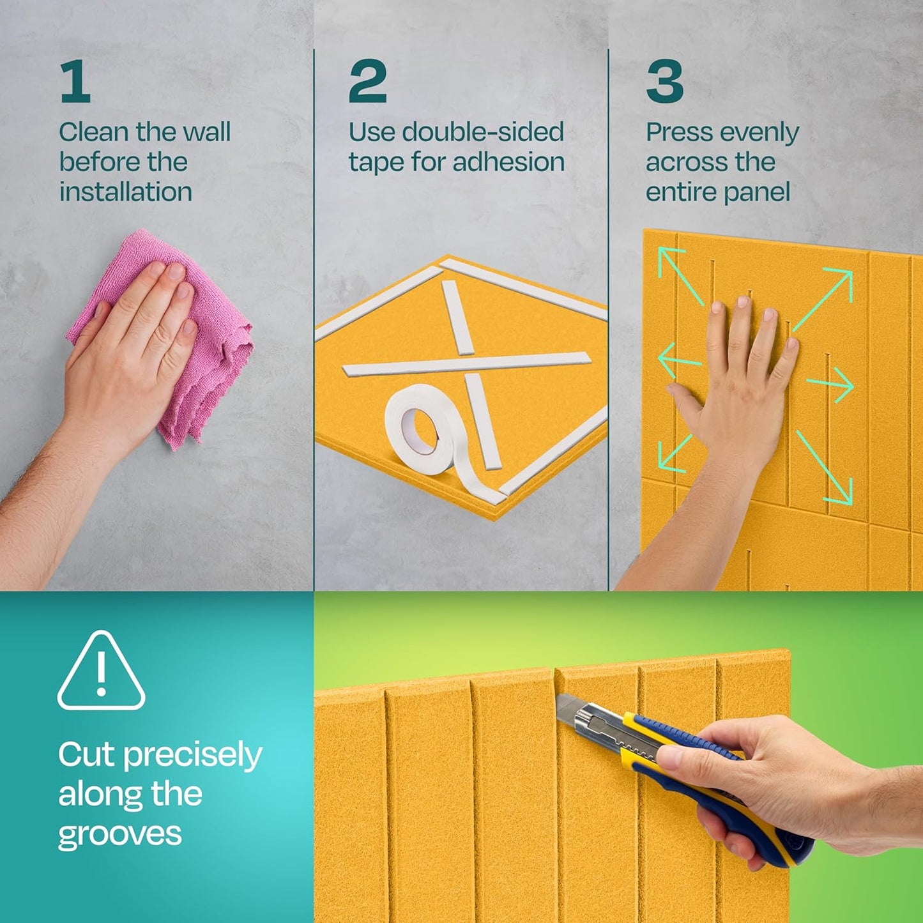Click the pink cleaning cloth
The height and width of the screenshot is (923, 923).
211,358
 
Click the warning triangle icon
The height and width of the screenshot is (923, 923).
101,672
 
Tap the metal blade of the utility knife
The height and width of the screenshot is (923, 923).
575,712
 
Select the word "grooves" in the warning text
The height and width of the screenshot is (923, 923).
119,835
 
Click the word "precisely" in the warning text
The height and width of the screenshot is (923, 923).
192,756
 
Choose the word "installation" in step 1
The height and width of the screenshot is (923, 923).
126,192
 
